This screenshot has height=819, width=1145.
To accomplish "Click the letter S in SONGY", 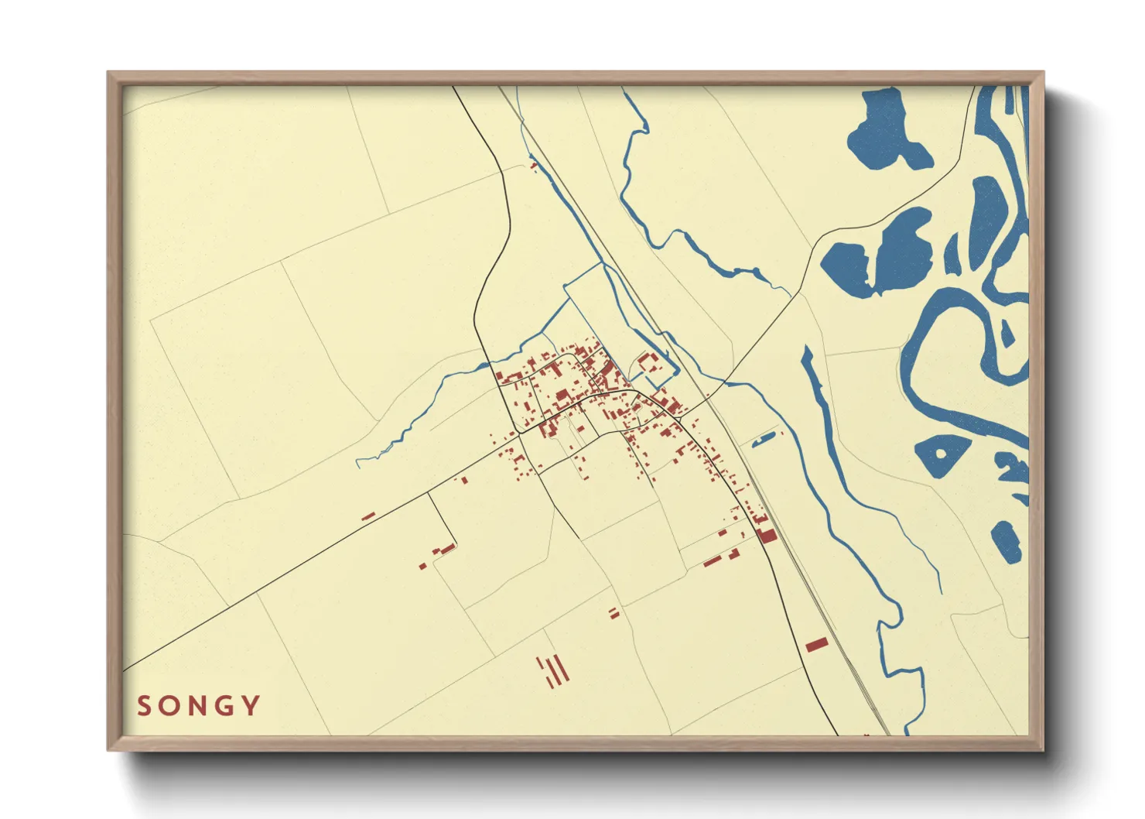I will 143,706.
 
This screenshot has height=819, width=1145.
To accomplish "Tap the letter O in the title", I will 170,706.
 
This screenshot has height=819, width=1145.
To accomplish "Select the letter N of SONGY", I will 198,706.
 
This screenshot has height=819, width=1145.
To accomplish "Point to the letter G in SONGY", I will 226,706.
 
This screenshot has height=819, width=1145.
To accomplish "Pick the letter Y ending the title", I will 251,706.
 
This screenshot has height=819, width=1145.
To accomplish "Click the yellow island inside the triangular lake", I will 942,454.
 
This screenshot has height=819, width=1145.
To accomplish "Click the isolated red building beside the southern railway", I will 816,644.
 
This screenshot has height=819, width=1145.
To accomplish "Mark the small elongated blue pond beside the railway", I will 762,440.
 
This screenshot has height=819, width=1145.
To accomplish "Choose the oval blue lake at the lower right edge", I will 1006,541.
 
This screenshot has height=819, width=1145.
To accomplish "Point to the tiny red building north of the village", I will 533,164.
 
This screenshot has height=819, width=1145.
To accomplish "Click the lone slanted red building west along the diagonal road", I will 368,516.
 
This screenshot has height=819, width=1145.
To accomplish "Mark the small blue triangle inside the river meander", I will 1007,334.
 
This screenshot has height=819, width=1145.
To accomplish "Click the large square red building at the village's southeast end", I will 767,534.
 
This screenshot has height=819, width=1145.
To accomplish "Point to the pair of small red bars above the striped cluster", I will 614,613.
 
